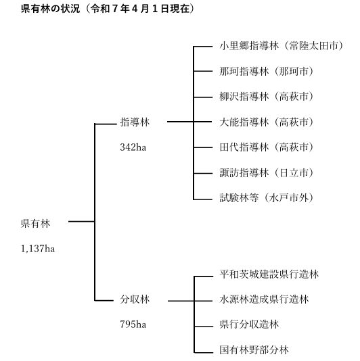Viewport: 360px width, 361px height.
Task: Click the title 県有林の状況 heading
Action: [50, 9]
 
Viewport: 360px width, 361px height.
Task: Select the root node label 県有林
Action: [35, 224]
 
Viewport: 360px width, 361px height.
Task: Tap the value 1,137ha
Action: [38, 249]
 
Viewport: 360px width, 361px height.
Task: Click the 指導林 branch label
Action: [135, 122]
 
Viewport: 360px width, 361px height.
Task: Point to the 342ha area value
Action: [133, 147]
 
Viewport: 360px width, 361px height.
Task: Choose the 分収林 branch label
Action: [135, 299]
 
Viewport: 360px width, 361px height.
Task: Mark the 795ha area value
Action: [133, 324]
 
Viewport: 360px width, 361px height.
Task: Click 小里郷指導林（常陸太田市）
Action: [282, 46]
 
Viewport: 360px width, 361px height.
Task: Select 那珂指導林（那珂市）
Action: [267, 71]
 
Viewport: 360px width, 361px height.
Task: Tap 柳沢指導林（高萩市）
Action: [267, 97]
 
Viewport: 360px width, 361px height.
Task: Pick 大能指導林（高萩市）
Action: [267, 122]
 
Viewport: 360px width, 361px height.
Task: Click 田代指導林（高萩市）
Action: [267, 147]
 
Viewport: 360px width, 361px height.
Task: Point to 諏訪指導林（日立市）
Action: [267, 172]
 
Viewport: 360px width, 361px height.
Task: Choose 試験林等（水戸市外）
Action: [267, 198]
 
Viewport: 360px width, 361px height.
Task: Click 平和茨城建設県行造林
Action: [269, 274]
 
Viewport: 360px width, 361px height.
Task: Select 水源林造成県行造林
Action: [264, 299]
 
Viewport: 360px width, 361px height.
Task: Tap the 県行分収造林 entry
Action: [249, 324]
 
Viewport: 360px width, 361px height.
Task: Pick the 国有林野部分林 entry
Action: [254, 350]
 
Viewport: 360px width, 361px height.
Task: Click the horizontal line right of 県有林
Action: [82, 222]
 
